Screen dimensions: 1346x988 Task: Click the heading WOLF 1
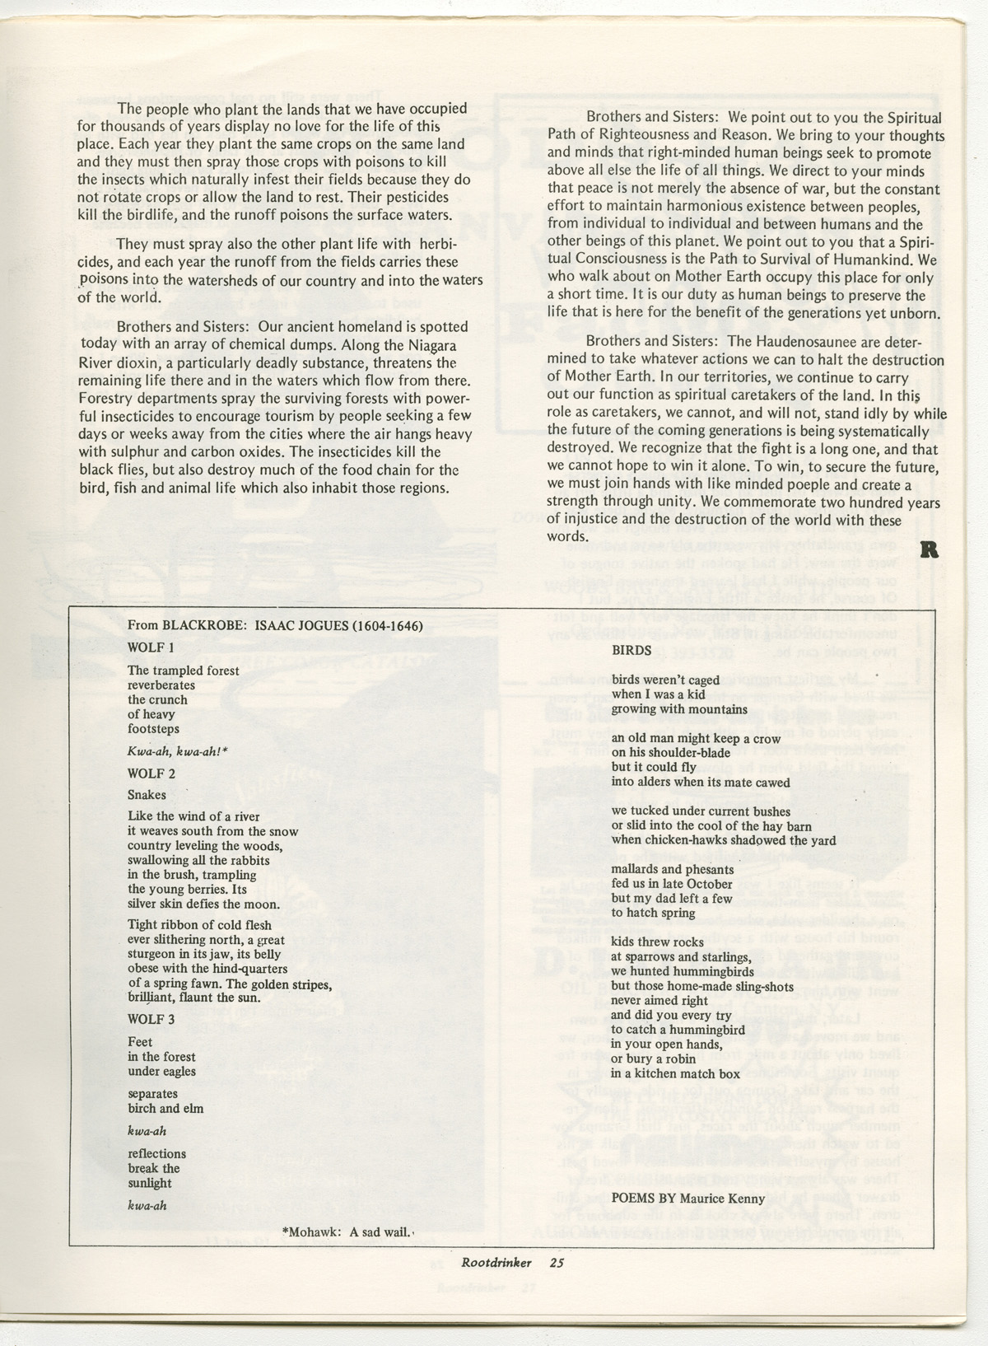point(151,647)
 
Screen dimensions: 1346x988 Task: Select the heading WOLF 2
point(151,773)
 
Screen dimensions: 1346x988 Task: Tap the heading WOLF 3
point(151,1019)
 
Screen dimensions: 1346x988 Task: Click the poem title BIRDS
point(631,650)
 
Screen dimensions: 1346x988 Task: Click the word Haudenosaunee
point(780,342)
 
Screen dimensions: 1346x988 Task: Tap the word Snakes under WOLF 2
point(147,795)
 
